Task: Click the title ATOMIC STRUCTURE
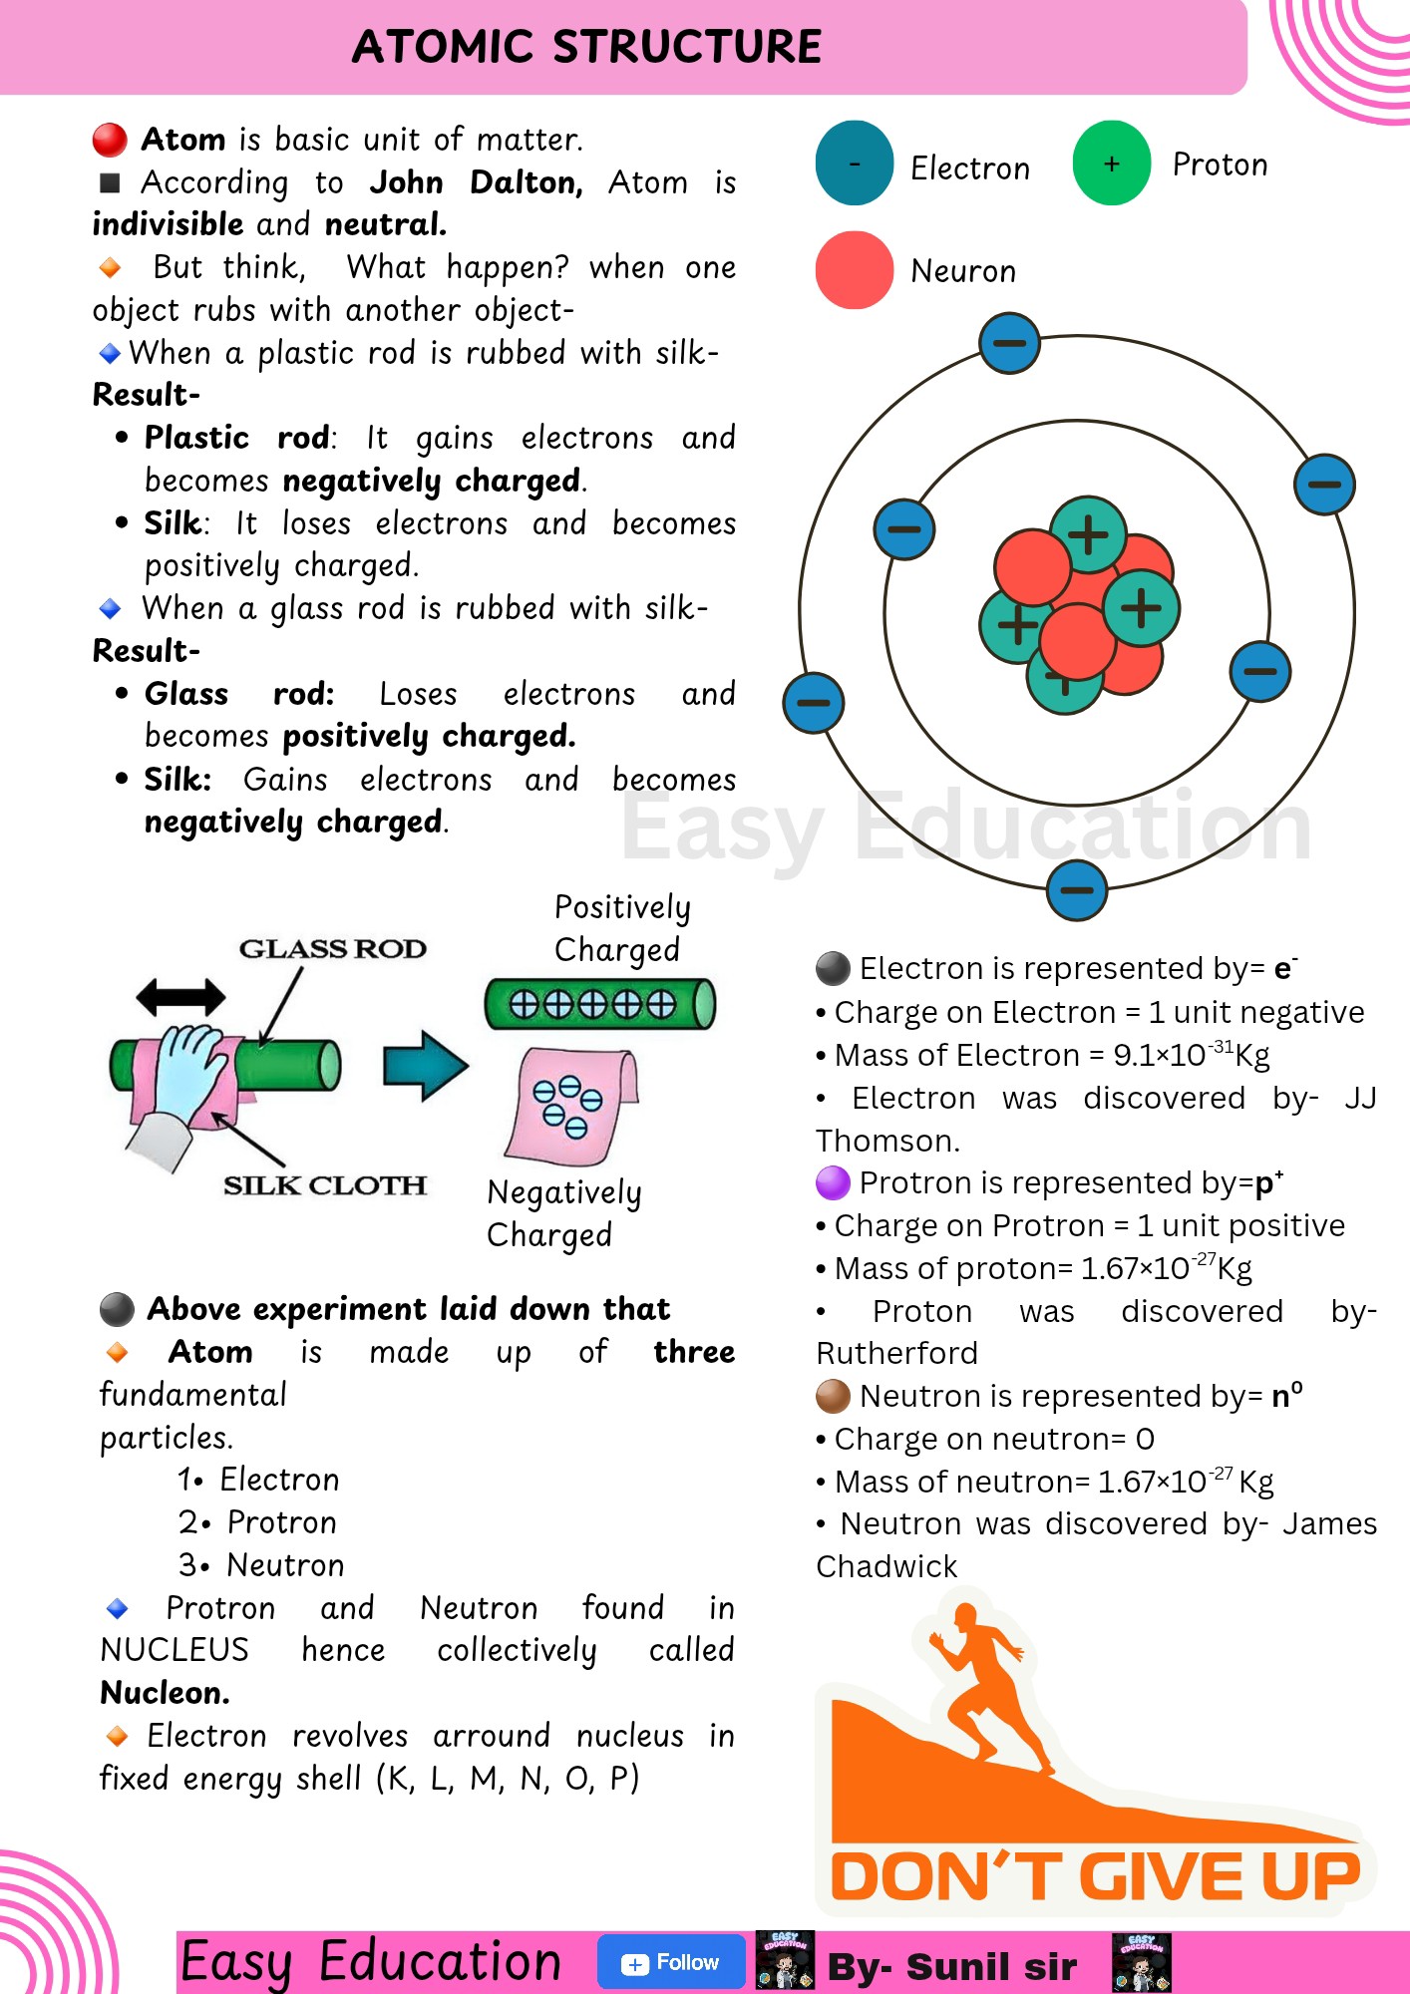586,47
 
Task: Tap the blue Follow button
671,1962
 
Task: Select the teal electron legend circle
855,163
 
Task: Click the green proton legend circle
1112,163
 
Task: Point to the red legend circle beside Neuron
855,270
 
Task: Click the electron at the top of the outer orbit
1009,343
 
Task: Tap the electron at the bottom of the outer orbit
1077,889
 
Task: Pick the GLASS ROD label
332,948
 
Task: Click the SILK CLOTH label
325,1184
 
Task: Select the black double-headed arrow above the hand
180,996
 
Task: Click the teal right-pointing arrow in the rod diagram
426,1065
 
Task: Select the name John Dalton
476,182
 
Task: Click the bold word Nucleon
166,1693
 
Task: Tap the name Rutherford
896,1353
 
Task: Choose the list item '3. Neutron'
261,1565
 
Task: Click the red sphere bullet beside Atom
110,140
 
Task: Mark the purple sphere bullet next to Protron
833,1182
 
